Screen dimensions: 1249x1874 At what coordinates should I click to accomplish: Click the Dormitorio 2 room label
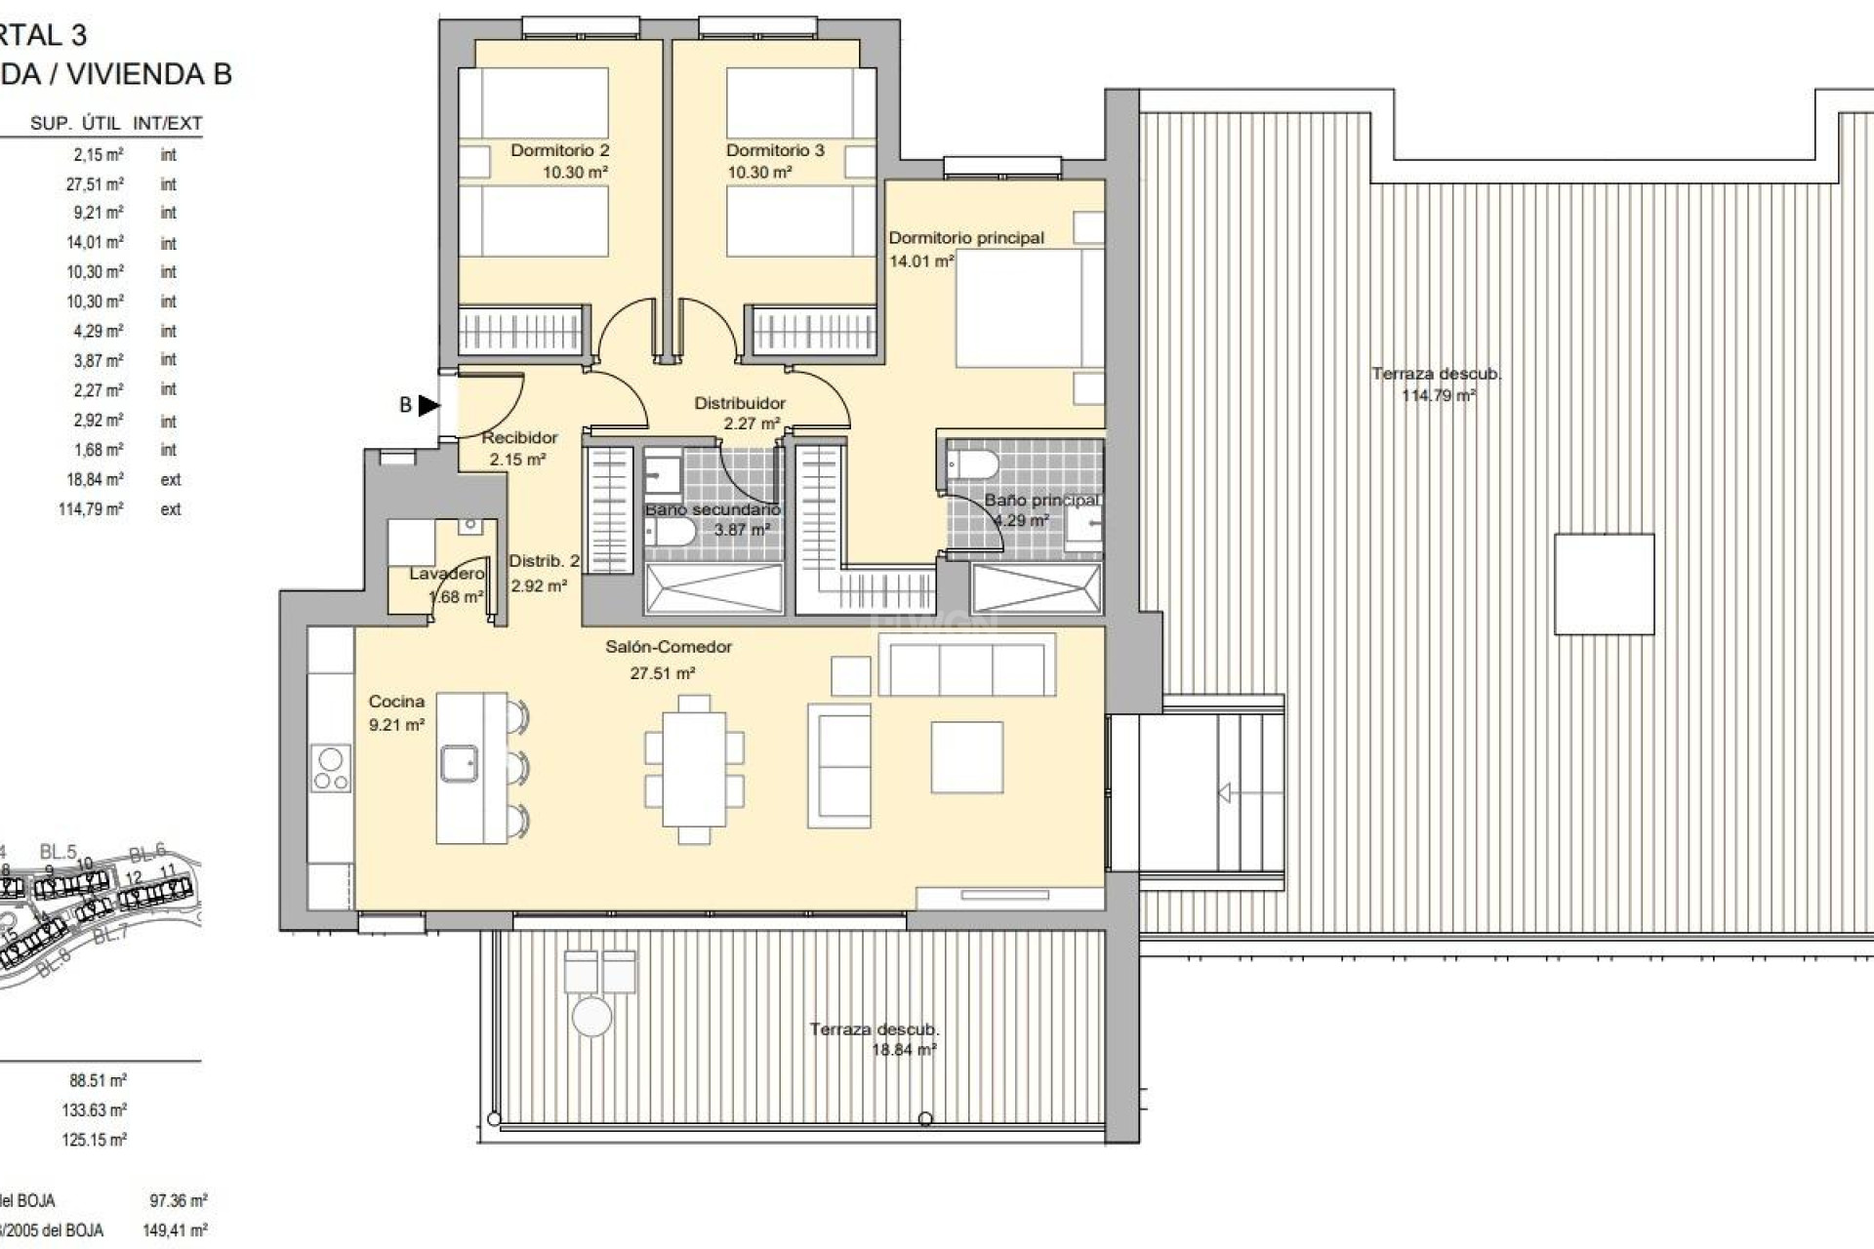point(559,150)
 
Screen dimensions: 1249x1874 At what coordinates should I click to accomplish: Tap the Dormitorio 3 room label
point(775,150)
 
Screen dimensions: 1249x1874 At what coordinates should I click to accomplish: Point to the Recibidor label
point(519,438)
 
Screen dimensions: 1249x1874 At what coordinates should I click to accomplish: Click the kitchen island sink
point(458,763)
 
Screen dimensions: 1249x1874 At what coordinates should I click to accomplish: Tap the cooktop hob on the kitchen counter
point(331,768)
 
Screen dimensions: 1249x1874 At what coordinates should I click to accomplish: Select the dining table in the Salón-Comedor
point(694,768)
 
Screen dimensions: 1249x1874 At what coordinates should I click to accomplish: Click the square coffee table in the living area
point(966,757)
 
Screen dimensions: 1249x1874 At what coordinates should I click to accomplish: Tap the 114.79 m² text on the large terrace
point(1438,396)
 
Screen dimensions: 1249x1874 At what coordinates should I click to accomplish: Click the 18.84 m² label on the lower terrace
point(903,1051)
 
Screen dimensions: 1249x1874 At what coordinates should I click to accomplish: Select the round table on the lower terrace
point(591,1016)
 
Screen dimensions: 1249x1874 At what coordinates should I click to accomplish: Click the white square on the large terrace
point(1604,584)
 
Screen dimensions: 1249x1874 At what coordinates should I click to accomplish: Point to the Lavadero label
point(446,574)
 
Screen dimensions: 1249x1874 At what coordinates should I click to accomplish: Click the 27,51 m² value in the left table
point(95,184)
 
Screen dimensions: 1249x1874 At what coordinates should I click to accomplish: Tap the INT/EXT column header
point(168,124)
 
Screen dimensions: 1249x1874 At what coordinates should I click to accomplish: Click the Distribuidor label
point(740,403)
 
